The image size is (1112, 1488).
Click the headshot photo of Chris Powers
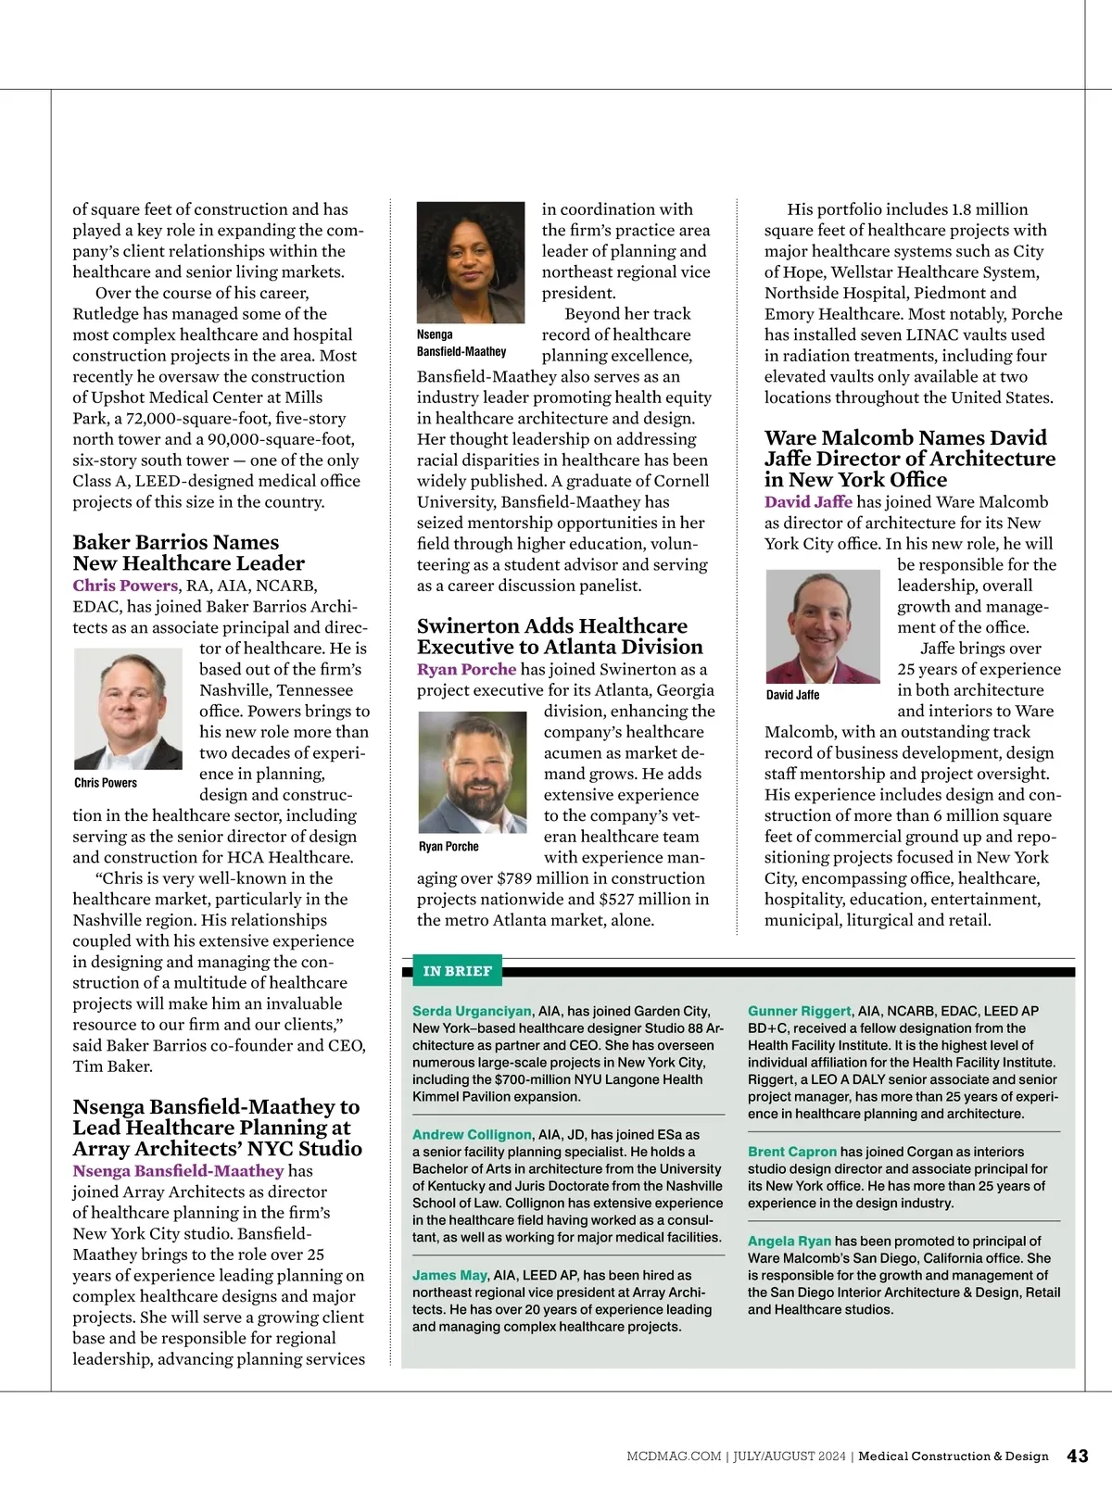[128, 709]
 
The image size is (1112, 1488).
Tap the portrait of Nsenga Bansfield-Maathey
[471, 262]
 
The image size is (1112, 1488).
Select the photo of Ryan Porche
[472, 772]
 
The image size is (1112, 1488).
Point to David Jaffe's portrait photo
[823, 625]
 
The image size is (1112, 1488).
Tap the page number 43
[1078, 1456]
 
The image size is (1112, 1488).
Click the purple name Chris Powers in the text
[125, 586]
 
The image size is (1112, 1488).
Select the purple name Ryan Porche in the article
[466, 669]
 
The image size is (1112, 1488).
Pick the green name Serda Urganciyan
[472, 1011]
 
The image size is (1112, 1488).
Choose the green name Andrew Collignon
[472, 1134]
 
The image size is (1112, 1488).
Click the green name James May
[449, 1275]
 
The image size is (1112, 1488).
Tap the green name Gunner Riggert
[799, 1011]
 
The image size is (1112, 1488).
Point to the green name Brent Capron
[792, 1152]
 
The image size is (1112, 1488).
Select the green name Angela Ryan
[790, 1241]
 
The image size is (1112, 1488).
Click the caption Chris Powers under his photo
[106, 783]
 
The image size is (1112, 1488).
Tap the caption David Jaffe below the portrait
[792, 695]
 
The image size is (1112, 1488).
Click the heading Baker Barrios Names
[176, 542]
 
